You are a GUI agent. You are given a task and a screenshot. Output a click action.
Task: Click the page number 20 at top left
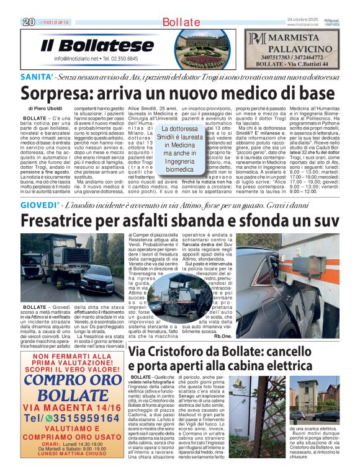tap(27, 22)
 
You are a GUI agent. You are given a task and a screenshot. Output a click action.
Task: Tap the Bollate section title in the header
tap(180, 22)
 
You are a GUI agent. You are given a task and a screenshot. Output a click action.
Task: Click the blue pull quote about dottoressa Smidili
tap(179, 149)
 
